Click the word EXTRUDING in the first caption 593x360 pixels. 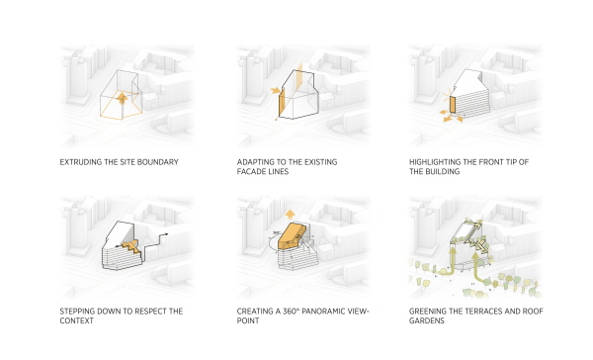[x=82, y=161]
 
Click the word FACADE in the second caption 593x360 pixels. [x=254, y=171]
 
